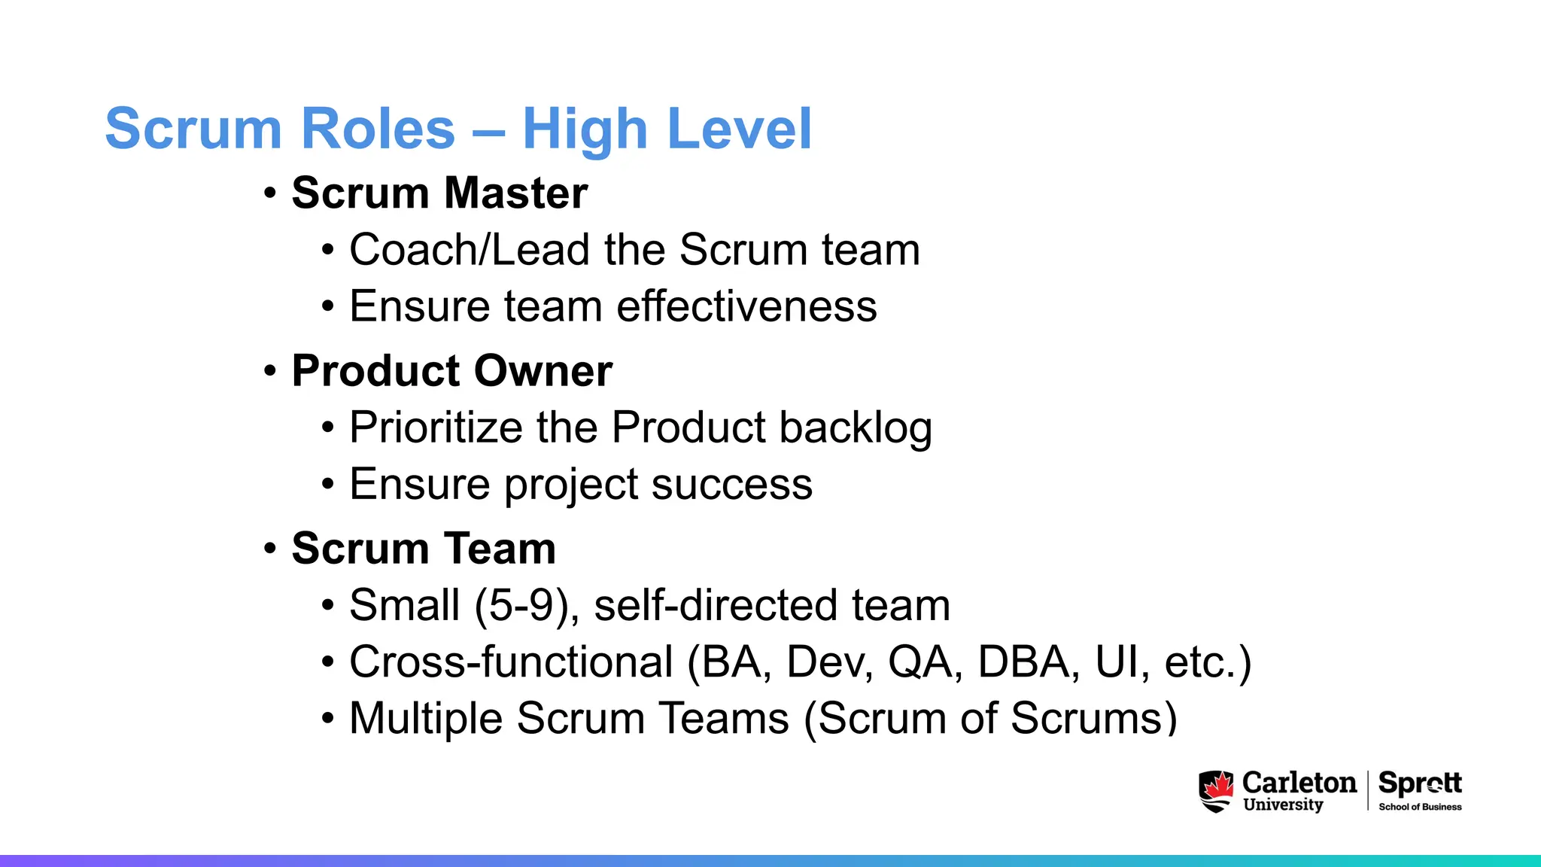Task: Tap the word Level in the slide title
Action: [739, 129]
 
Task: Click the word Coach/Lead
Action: [469, 250]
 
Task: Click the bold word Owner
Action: [543, 371]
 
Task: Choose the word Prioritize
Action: [436, 427]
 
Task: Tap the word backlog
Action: [856, 428]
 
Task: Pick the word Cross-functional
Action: [511, 662]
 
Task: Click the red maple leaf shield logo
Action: [1216, 791]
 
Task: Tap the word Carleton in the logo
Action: [1299, 783]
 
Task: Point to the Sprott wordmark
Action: [1420, 783]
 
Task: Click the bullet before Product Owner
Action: [270, 371]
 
